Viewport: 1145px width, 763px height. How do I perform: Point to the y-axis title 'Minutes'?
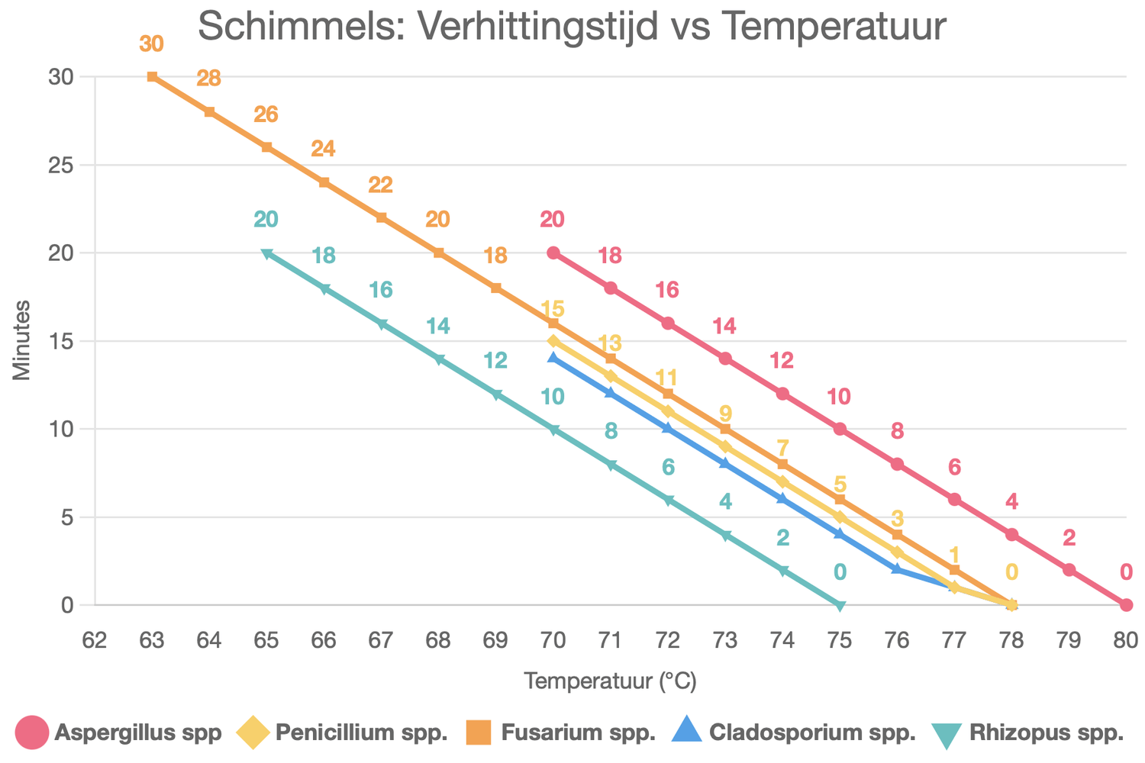pyautogui.click(x=21, y=340)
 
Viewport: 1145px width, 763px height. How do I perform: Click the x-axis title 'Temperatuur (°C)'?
pyautogui.click(x=610, y=681)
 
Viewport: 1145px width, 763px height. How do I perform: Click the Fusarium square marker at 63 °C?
pyautogui.click(x=152, y=76)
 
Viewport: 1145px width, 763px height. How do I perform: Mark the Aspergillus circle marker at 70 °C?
pyautogui.click(x=553, y=253)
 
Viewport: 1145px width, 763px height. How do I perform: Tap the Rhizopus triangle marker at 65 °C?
pyautogui.click(x=266, y=253)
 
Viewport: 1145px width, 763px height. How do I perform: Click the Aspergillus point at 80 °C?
pyautogui.click(x=1126, y=605)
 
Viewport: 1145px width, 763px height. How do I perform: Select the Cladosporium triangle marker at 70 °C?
pyautogui.click(x=553, y=357)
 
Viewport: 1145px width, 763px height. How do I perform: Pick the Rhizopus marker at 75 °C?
pyautogui.click(x=840, y=606)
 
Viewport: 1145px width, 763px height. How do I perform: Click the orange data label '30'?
pyautogui.click(x=152, y=44)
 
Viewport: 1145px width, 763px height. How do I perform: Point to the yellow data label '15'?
pyautogui.click(x=553, y=309)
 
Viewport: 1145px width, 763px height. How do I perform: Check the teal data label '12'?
pyautogui.click(x=495, y=360)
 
